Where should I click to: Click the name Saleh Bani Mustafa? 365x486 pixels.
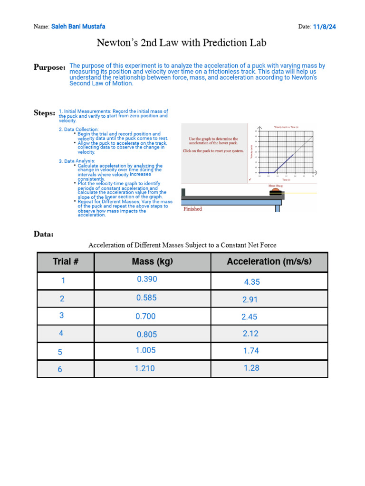coord(78,27)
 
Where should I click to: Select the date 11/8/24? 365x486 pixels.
coord(324,27)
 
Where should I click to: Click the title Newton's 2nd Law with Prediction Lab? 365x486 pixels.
coord(182,43)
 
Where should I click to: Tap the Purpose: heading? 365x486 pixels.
coord(49,67)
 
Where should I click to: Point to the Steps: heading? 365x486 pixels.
coord(44,113)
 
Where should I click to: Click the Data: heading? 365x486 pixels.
coord(44,234)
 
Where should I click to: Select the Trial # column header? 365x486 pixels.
coord(66,262)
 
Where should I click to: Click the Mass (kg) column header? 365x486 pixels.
coord(152,262)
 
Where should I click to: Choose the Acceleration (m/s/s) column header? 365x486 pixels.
coord(269,262)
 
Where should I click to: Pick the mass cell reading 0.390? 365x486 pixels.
coord(147,280)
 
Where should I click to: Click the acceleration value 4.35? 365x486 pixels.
coord(252,282)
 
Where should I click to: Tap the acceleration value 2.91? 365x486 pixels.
coord(250,300)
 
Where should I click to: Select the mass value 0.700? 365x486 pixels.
coord(145,317)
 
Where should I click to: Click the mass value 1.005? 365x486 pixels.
coord(145,350)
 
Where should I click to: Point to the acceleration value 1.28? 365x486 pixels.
coord(251,368)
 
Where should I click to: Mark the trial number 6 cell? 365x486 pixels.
coord(60,369)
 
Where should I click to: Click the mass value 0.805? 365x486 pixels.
coord(146,334)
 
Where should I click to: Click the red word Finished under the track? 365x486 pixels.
coord(192,209)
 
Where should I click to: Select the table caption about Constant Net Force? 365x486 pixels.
coord(182,245)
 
